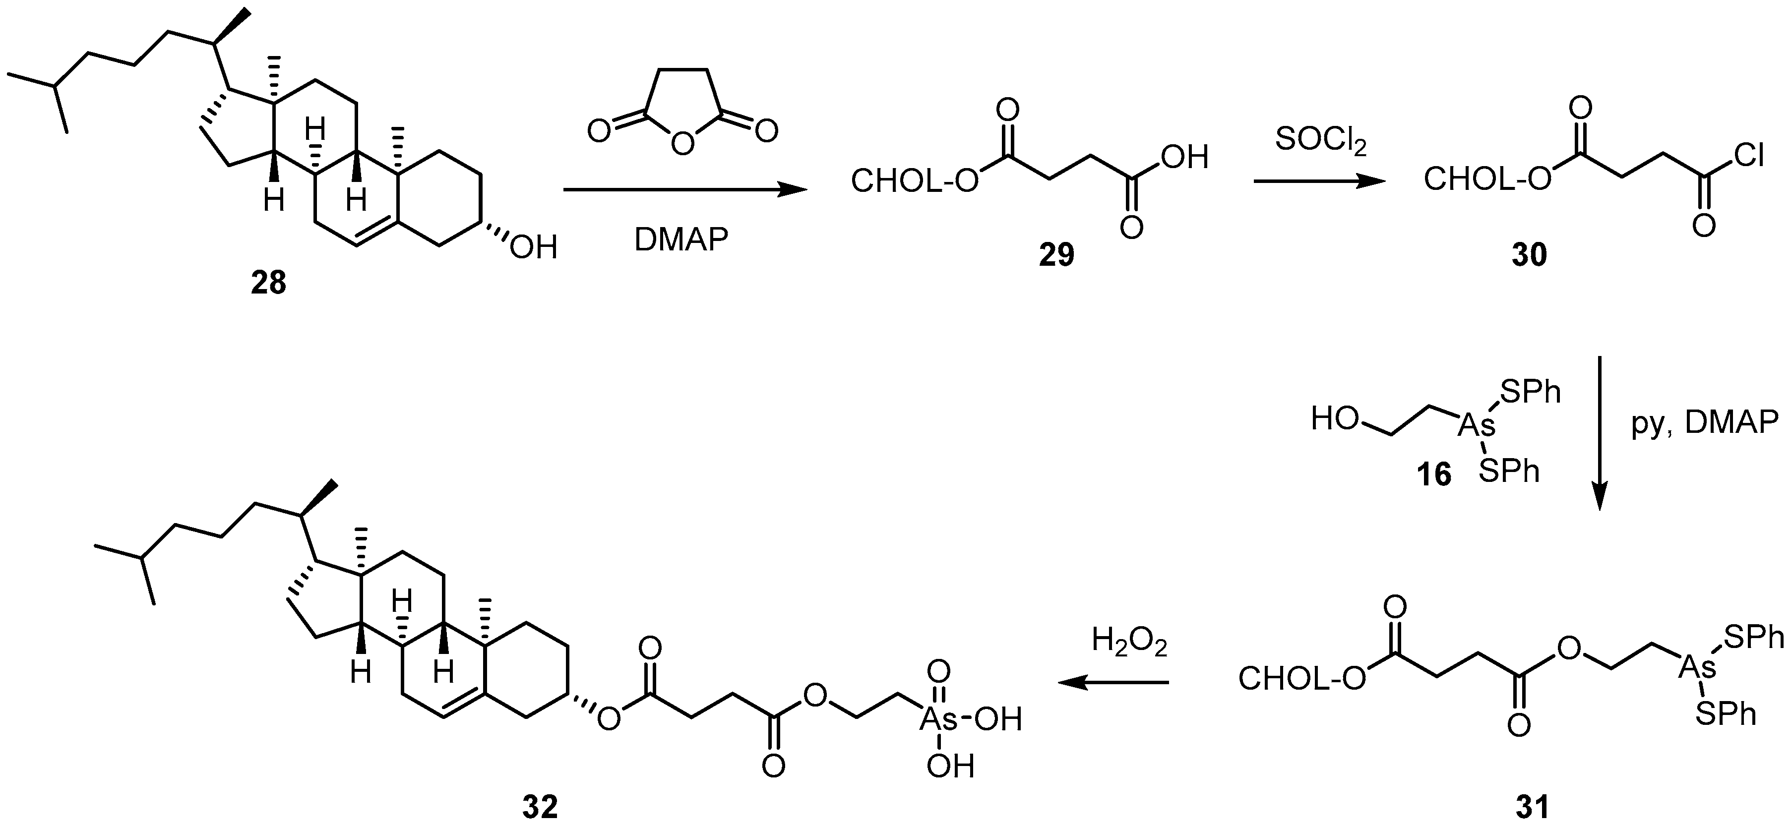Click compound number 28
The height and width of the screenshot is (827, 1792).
(268, 284)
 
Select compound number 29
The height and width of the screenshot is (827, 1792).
(1056, 256)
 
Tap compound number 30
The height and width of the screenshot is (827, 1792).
(1528, 256)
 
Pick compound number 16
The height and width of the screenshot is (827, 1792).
(1434, 474)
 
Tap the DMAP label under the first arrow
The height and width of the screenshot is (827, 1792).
(681, 240)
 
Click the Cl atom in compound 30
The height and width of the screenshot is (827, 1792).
(1747, 157)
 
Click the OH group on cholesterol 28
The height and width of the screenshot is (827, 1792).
(534, 247)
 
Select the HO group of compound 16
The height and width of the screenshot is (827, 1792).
(1333, 419)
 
